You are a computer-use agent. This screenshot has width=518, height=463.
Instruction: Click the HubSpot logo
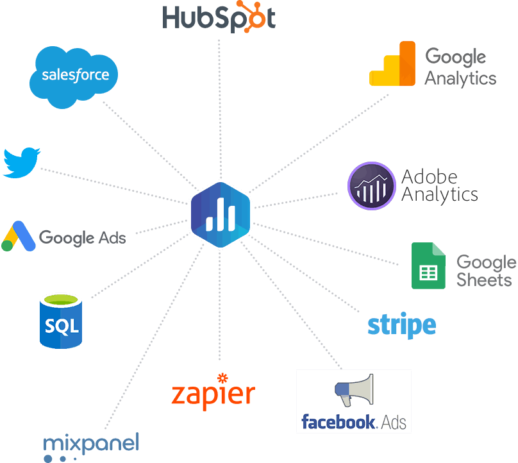point(219,17)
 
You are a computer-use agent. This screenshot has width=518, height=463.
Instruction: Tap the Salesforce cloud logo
point(74,78)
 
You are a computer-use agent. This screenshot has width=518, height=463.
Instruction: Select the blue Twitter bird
point(21,163)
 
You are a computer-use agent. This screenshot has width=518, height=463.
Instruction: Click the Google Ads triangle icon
point(19,236)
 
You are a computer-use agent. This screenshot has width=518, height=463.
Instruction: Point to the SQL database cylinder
point(61,321)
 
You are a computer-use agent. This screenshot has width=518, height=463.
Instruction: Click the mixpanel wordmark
point(91,447)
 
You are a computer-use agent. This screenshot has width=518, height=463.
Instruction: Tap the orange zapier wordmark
point(213,393)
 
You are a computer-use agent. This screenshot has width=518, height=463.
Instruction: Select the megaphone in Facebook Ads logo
point(354,389)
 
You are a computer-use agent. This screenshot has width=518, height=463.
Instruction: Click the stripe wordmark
point(402,325)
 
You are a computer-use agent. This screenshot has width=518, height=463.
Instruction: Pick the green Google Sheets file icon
point(428,265)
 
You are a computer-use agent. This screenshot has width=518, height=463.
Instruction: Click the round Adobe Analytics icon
point(372,186)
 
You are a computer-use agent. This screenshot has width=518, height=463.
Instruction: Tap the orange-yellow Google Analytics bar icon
point(392,63)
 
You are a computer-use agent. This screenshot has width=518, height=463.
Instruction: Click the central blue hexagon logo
point(221,215)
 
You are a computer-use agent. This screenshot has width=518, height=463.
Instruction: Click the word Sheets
point(484,280)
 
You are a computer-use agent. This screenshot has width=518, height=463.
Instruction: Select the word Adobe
point(430,177)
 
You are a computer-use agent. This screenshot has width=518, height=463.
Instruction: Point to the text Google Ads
point(83,238)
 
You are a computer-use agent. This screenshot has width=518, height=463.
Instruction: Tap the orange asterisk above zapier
point(222,378)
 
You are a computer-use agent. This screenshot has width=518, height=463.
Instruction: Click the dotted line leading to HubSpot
point(219,109)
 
